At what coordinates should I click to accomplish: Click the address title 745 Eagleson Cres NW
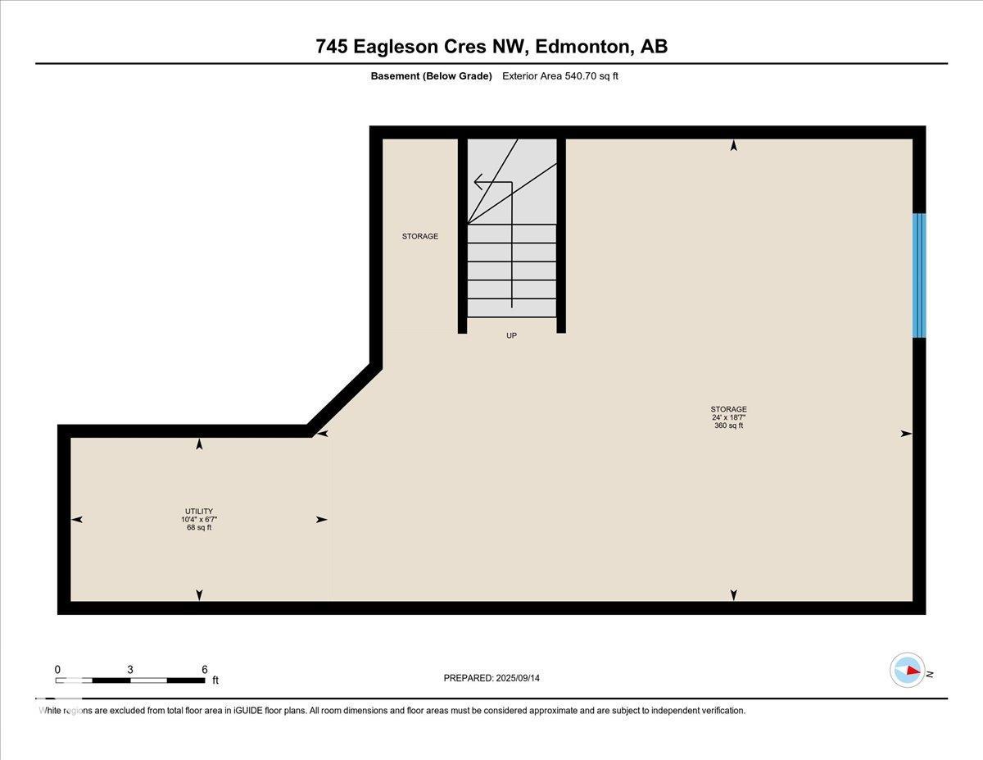click(491, 47)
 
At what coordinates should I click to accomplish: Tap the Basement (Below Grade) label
click(431, 76)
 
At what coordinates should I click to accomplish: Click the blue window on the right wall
click(919, 275)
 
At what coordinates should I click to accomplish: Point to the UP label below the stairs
click(511, 335)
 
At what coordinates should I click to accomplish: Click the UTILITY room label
click(199, 512)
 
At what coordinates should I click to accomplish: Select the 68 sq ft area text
click(199, 527)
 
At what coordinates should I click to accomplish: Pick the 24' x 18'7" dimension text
click(728, 417)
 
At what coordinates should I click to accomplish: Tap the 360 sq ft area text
click(728, 426)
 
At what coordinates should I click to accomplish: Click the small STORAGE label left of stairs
click(419, 236)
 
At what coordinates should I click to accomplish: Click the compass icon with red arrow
click(908, 670)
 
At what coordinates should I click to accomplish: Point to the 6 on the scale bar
click(204, 669)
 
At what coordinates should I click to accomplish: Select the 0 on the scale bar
click(57, 669)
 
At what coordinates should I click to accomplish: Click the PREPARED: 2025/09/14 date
click(491, 678)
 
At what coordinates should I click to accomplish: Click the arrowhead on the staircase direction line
click(478, 182)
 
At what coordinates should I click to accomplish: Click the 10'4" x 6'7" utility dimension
click(199, 520)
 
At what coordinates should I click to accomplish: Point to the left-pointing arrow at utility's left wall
click(77, 519)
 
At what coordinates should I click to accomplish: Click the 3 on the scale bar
click(130, 669)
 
